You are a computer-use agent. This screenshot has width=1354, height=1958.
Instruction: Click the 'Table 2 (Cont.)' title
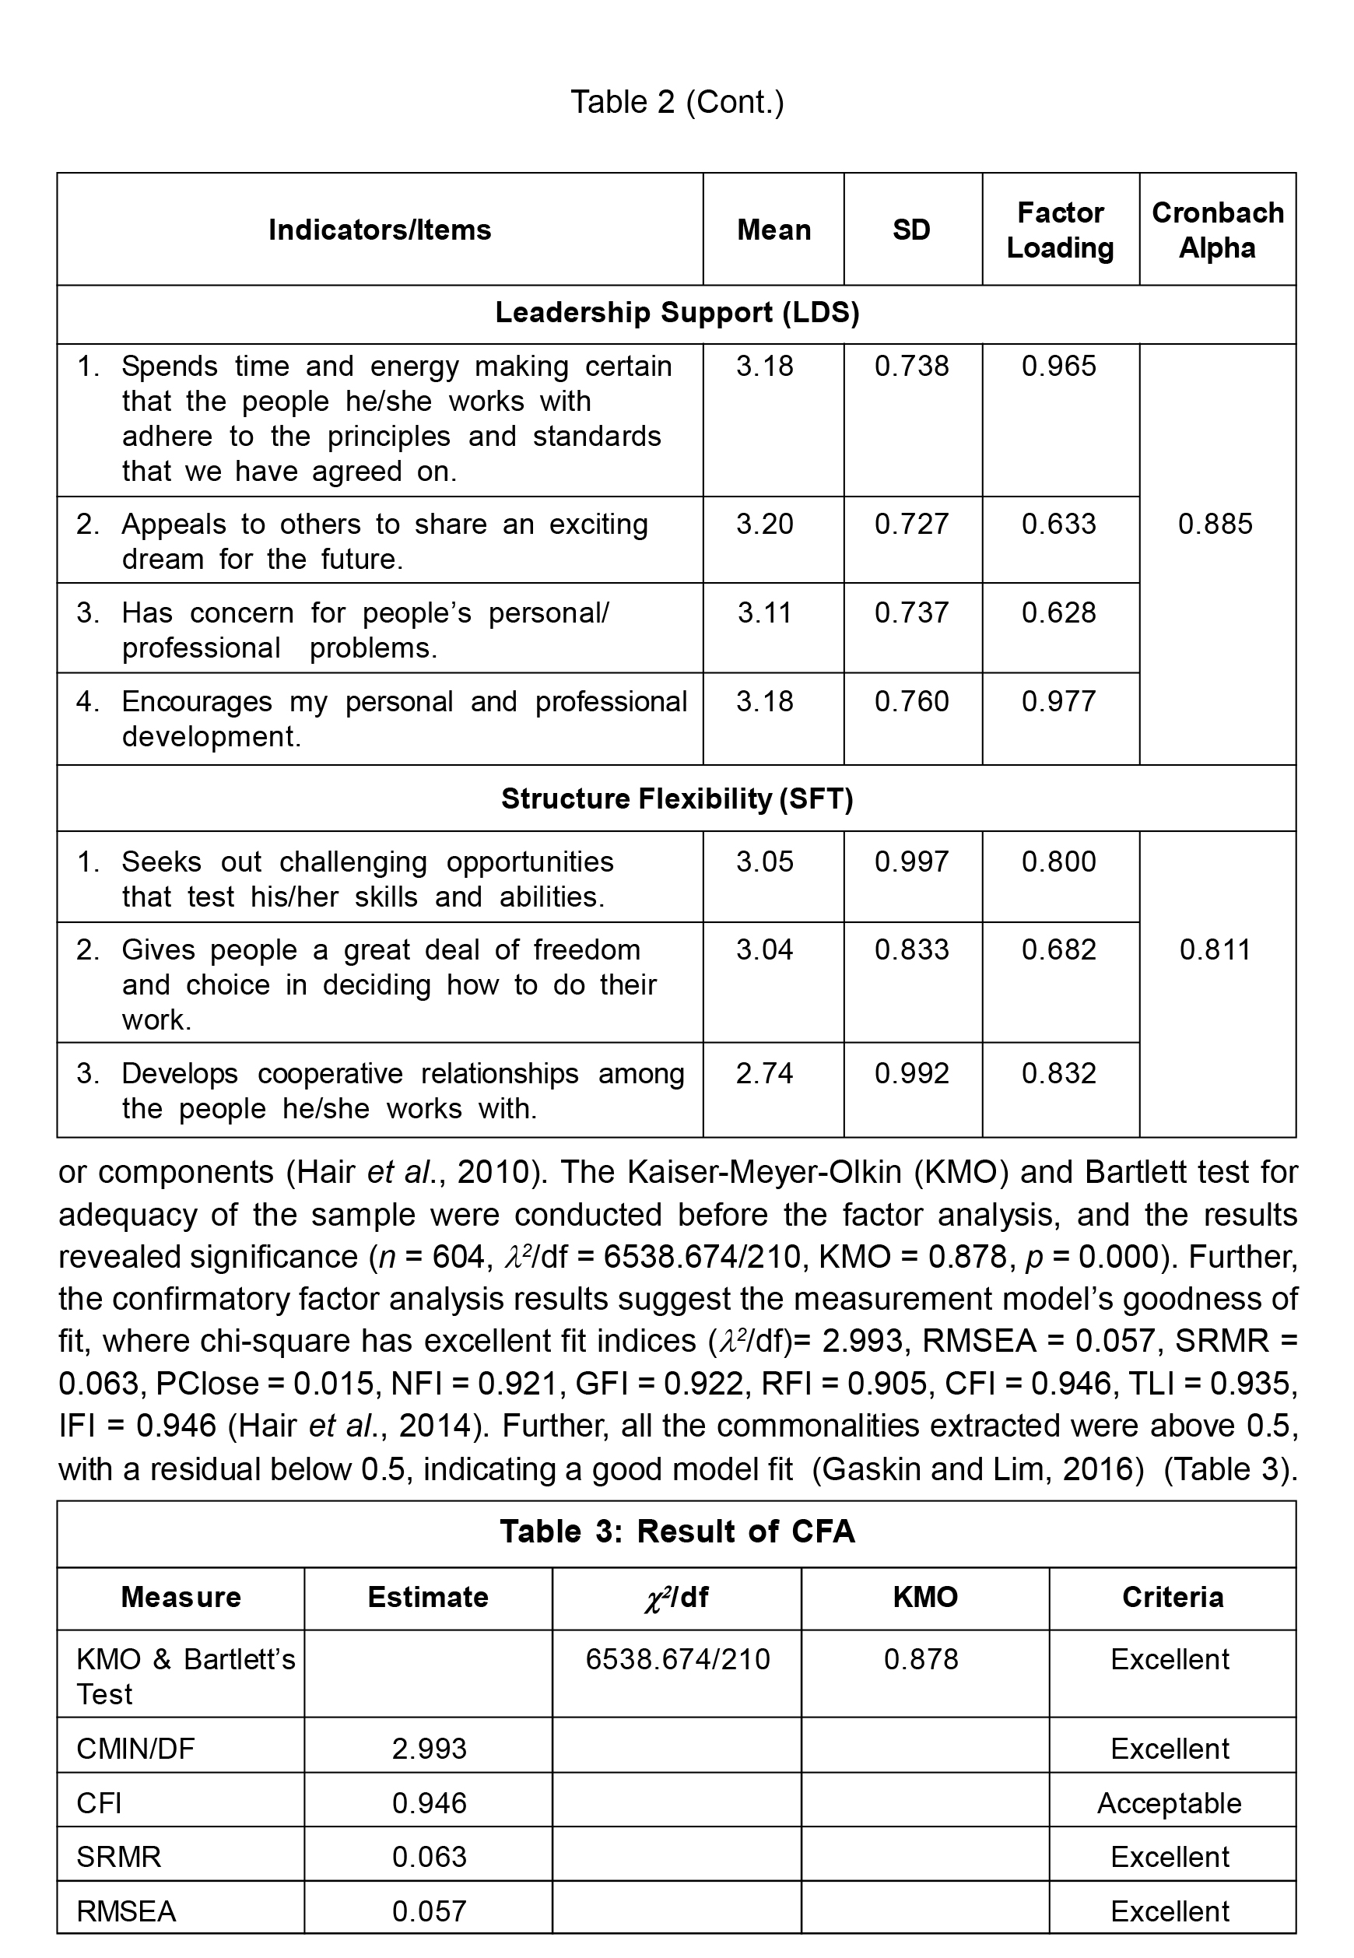pyautogui.click(x=677, y=102)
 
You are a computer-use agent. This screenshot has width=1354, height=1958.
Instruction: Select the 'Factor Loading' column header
pyautogui.click(x=1060, y=230)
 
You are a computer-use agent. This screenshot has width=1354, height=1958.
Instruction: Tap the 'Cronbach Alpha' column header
pyautogui.click(x=1216, y=230)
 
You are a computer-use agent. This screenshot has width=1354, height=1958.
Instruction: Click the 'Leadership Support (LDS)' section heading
pyautogui.click(x=677, y=313)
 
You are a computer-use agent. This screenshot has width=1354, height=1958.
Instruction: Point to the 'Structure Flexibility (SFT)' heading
pyautogui.click(x=677, y=798)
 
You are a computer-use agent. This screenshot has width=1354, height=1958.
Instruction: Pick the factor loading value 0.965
pyautogui.click(x=1059, y=367)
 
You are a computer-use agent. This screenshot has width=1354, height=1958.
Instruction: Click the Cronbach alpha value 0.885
pyautogui.click(x=1215, y=525)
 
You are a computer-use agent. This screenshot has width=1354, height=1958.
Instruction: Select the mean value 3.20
pyautogui.click(x=764, y=525)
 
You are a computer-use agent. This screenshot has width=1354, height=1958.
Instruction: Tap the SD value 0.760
pyautogui.click(x=911, y=702)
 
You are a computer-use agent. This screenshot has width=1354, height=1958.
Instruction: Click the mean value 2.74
pyautogui.click(x=764, y=1073)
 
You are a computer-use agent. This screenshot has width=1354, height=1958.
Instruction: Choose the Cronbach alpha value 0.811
pyautogui.click(x=1215, y=949)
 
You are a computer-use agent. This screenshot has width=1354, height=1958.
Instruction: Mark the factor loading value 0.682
pyautogui.click(x=1059, y=949)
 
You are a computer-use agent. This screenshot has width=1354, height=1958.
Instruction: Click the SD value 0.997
pyautogui.click(x=911, y=862)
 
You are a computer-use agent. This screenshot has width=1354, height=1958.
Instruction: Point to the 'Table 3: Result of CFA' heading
pyautogui.click(x=677, y=1532)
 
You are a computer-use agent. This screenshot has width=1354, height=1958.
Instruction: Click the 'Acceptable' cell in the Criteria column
pyautogui.click(x=1169, y=1803)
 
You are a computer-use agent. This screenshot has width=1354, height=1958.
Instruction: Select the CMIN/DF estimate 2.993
pyautogui.click(x=430, y=1749)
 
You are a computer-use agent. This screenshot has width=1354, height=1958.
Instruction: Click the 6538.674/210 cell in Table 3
pyautogui.click(x=677, y=1659)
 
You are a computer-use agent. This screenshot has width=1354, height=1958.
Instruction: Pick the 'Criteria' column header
pyautogui.click(x=1173, y=1598)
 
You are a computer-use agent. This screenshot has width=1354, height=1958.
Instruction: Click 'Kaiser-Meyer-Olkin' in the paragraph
pyautogui.click(x=765, y=1173)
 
